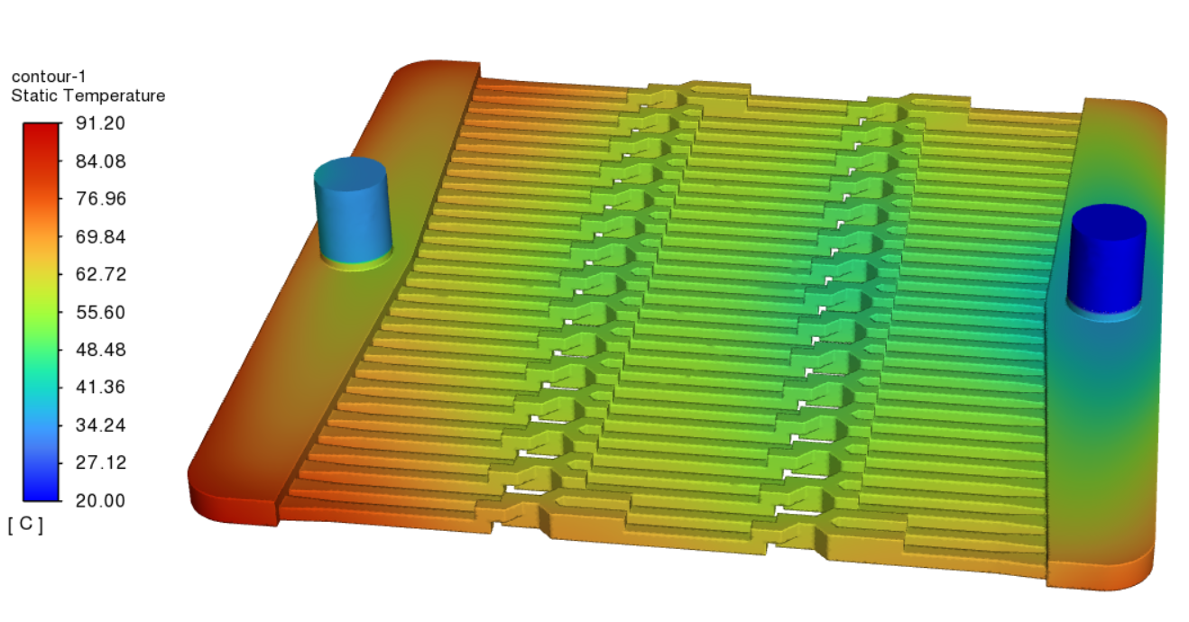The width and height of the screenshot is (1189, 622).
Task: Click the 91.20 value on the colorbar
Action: [100, 123]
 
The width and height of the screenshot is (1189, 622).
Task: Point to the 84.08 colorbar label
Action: [100, 161]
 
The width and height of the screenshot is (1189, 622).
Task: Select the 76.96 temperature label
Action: [100, 199]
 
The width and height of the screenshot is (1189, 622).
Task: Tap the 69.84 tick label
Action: [100, 236]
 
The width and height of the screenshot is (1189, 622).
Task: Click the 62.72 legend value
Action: [100, 274]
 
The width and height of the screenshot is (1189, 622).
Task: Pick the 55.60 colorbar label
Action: [100, 312]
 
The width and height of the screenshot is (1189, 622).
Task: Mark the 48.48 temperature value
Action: [100, 350]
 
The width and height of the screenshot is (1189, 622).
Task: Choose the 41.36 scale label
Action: [100, 387]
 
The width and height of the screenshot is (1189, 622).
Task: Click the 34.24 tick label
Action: [100, 425]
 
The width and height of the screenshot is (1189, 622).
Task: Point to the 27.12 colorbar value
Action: [100, 462]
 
